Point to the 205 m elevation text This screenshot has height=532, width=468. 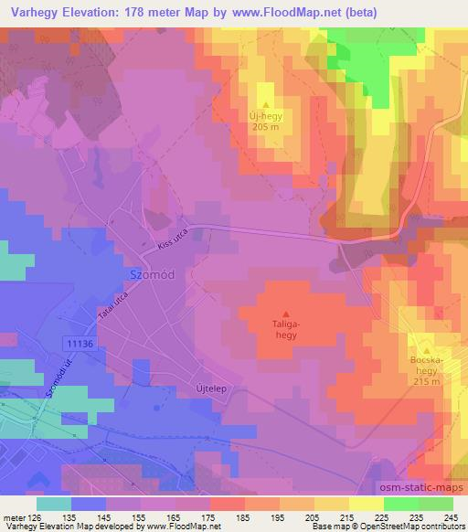coord(268,128)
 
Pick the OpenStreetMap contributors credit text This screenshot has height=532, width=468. coord(418,527)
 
